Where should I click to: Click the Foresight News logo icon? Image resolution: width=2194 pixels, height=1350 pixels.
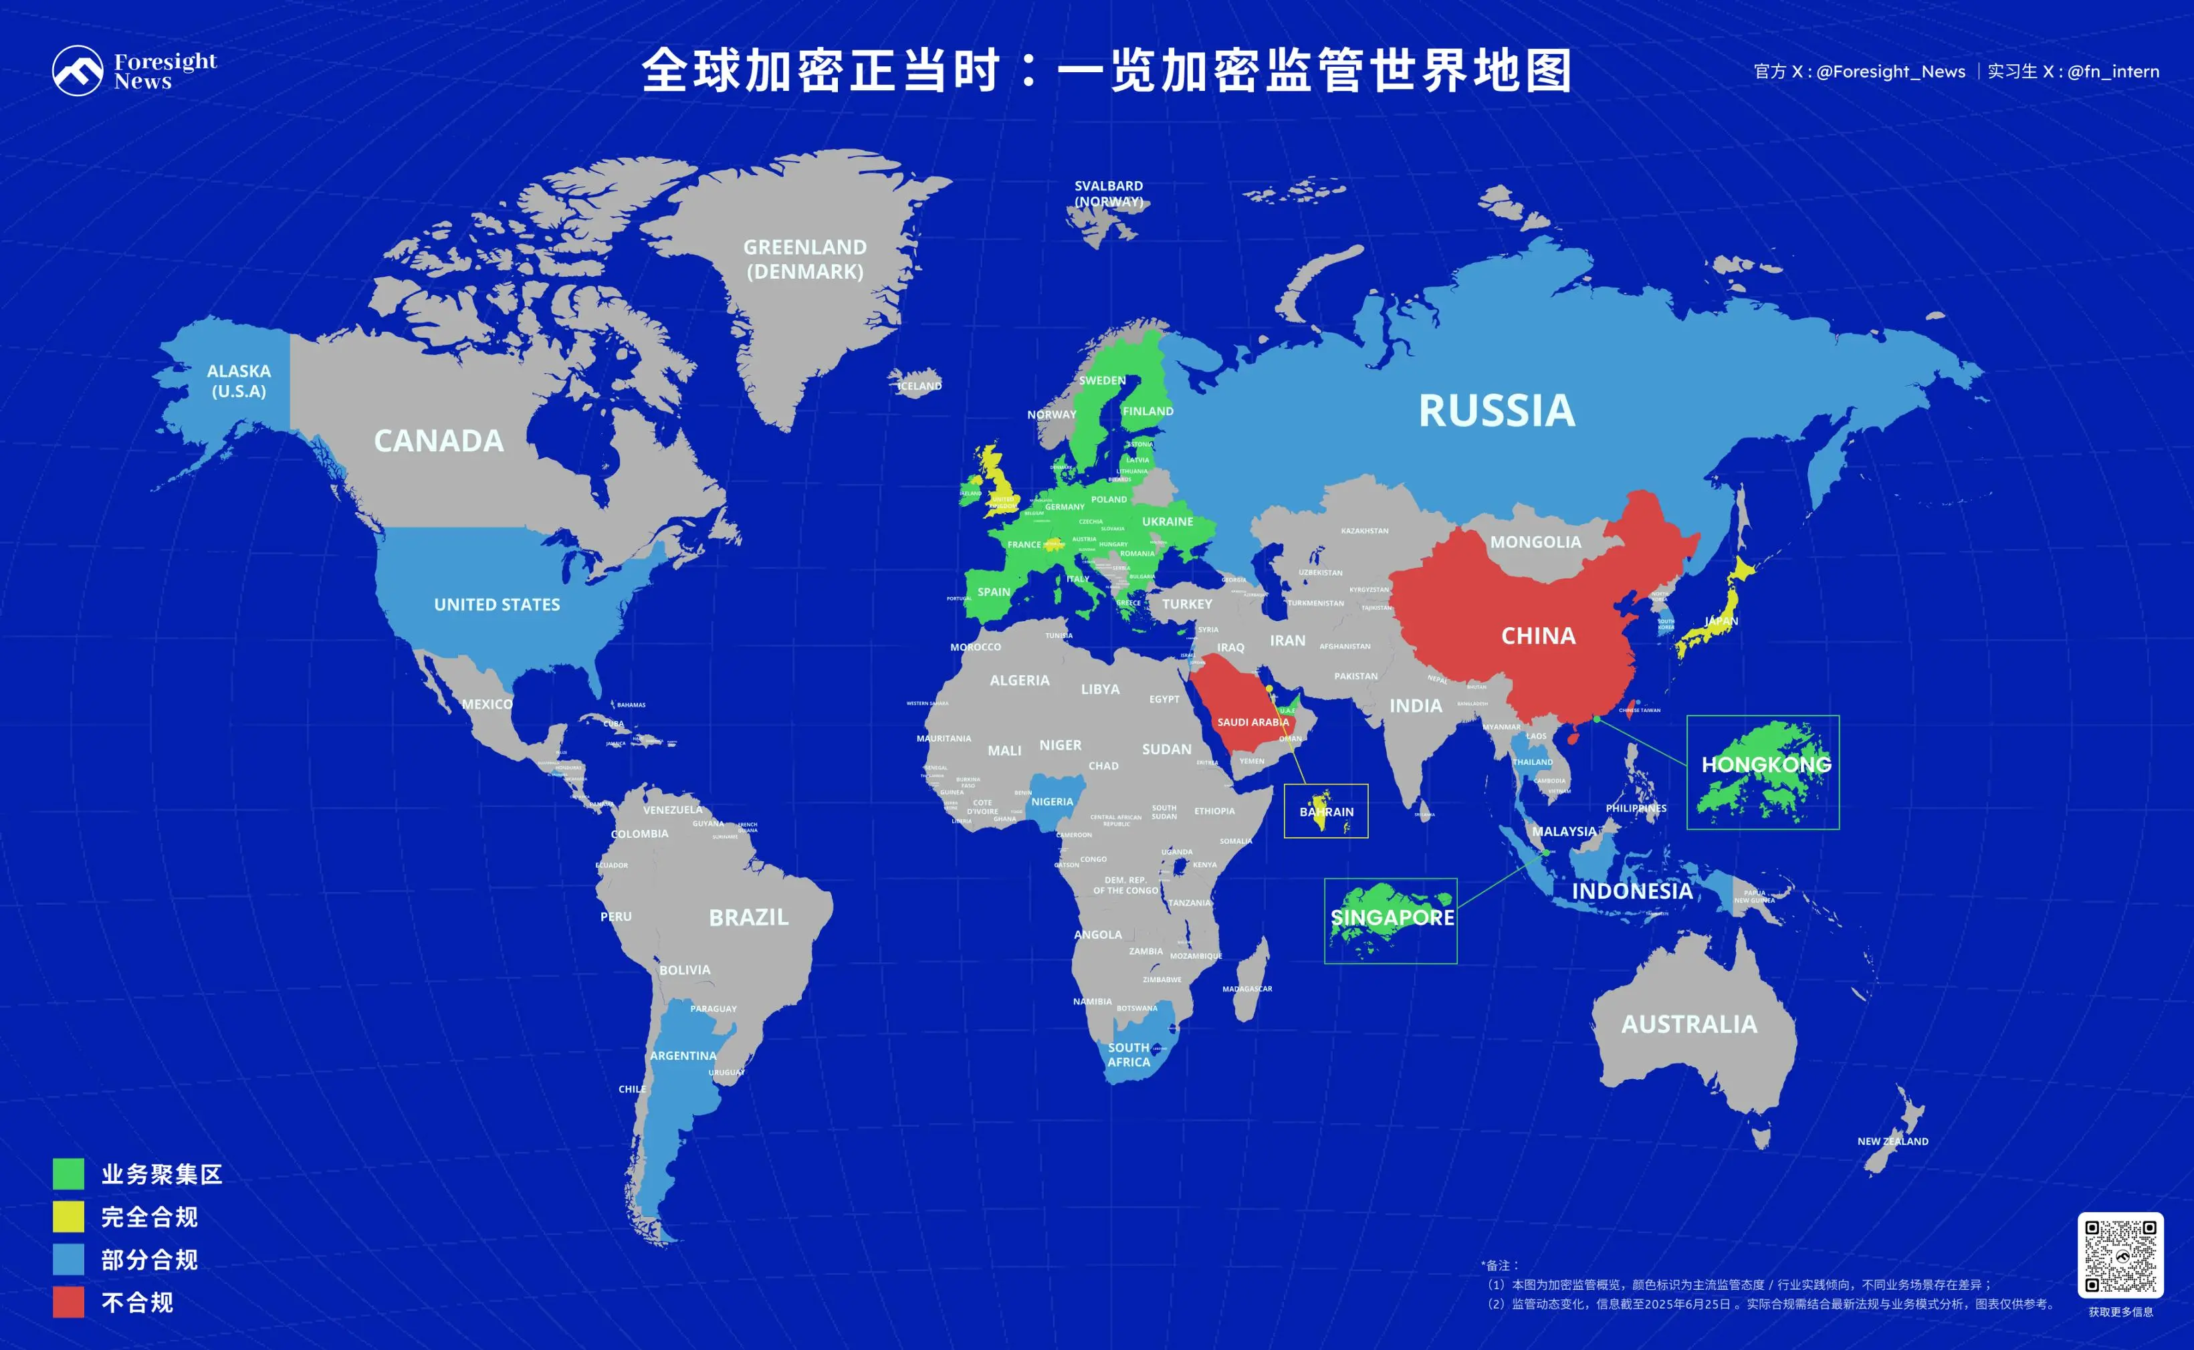click(78, 70)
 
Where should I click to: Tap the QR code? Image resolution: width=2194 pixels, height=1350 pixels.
click(2120, 1254)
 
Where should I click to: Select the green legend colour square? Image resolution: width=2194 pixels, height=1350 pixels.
click(69, 1173)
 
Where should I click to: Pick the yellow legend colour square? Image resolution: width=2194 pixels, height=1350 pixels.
click(69, 1216)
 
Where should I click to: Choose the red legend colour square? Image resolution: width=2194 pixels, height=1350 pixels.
click(69, 1302)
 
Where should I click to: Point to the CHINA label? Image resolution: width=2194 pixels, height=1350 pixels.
click(1538, 636)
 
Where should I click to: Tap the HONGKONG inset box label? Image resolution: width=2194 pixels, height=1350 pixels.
click(1765, 764)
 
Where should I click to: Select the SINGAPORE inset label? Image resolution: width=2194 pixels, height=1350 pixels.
click(1392, 917)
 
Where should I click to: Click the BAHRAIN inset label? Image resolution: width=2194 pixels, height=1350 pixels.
click(1326, 812)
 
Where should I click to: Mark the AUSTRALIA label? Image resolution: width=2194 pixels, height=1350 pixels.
click(1688, 1024)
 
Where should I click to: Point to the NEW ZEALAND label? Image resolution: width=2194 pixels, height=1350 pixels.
click(1892, 1141)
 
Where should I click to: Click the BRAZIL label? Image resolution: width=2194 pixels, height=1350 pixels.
click(748, 917)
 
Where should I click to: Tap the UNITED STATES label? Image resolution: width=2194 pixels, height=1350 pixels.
click(496, 604)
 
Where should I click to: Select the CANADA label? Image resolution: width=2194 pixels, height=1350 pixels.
click(439, 440)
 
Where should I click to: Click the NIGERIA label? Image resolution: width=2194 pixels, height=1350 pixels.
click(1052, 802)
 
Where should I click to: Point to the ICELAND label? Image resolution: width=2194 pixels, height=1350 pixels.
click(919, 386)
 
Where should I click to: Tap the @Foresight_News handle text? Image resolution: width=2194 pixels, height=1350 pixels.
click(1890, 72)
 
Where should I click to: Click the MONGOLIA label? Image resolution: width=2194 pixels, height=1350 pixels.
click(1535, 542)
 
